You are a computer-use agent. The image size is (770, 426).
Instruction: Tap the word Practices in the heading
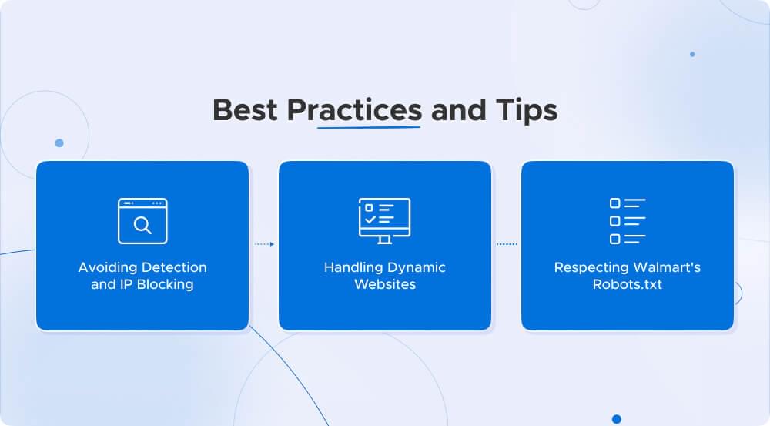(354, 109)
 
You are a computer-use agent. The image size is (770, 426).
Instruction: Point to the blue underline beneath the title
(369, 128)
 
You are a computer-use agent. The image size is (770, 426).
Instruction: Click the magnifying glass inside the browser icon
(142, 225)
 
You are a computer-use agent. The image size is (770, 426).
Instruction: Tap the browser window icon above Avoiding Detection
(142, 221)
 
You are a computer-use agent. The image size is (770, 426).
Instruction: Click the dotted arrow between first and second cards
(264, 244)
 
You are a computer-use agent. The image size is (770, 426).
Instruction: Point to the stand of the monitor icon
(384, 240)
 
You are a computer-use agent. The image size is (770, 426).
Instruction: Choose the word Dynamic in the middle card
(417, 267)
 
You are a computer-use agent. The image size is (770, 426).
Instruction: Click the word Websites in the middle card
(384, 284)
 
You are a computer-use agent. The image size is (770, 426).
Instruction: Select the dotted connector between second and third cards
(507, 244)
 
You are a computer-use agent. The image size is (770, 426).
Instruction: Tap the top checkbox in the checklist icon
(614, 203)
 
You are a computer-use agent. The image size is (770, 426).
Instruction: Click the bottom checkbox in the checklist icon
(614, 239)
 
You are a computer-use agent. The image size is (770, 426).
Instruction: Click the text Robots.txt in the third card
(627, 284)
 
